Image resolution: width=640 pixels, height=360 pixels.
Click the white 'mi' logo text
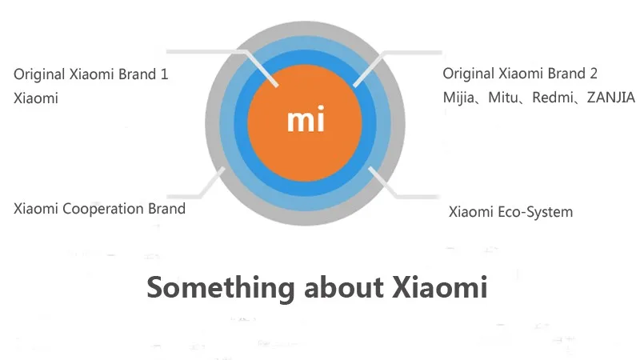click(x=306, y=118)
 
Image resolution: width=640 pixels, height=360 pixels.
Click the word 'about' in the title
click(x=344, y=287)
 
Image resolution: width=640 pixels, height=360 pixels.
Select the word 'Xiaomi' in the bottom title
click(x=439, y=287)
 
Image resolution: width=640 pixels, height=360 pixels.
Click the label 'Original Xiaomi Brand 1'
click(x=91, y=74)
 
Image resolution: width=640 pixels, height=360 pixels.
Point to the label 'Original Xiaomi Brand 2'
click(x=520, y=74)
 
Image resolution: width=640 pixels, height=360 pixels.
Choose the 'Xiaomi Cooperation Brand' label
click(x=99, y=209)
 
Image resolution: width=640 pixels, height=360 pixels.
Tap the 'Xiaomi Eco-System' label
click(x=510, y=212)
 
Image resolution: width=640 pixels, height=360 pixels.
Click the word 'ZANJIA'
click(x=610, y=98)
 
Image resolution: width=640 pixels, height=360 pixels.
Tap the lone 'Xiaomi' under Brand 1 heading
click(x=36, y=98)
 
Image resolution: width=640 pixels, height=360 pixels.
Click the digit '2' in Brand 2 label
click(x=593, y=74)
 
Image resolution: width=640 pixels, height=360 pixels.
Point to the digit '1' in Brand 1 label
click(x=165, y=74)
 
